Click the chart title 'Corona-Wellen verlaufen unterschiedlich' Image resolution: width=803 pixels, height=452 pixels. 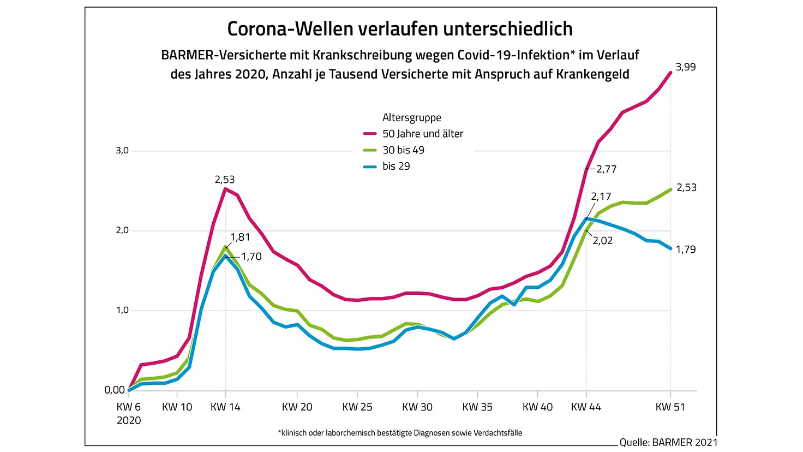(400, 29)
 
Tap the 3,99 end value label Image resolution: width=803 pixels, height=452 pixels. (686, 67)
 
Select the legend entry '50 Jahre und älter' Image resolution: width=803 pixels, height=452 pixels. (422, 134)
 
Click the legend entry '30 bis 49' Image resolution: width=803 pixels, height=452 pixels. (403, 150)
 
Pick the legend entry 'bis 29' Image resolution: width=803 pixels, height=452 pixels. (396, 166)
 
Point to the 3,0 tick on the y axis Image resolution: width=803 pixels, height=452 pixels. (122, 151)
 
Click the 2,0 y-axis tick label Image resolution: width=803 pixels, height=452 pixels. (122, 230)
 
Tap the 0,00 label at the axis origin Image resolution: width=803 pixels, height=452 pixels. (115, 390)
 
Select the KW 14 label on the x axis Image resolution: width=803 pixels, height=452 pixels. (225, 407)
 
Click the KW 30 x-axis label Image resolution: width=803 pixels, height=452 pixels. (417, 407)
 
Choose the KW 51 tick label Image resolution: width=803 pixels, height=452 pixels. (670, 407)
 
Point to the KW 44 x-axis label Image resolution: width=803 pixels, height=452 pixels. (586, 407)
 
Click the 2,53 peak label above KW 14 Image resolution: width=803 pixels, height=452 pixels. (225, 180)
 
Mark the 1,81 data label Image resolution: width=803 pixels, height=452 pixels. (241, 237)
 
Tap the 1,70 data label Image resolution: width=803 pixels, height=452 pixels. (251, 257)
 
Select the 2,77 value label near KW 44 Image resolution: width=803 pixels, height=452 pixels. (607, 169)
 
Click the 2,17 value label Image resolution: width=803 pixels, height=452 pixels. (601, 197)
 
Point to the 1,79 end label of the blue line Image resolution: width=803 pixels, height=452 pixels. (686, 249)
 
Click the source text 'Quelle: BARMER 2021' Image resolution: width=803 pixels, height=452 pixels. (668, 442)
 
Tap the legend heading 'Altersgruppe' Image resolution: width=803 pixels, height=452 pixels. (412, 117)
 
